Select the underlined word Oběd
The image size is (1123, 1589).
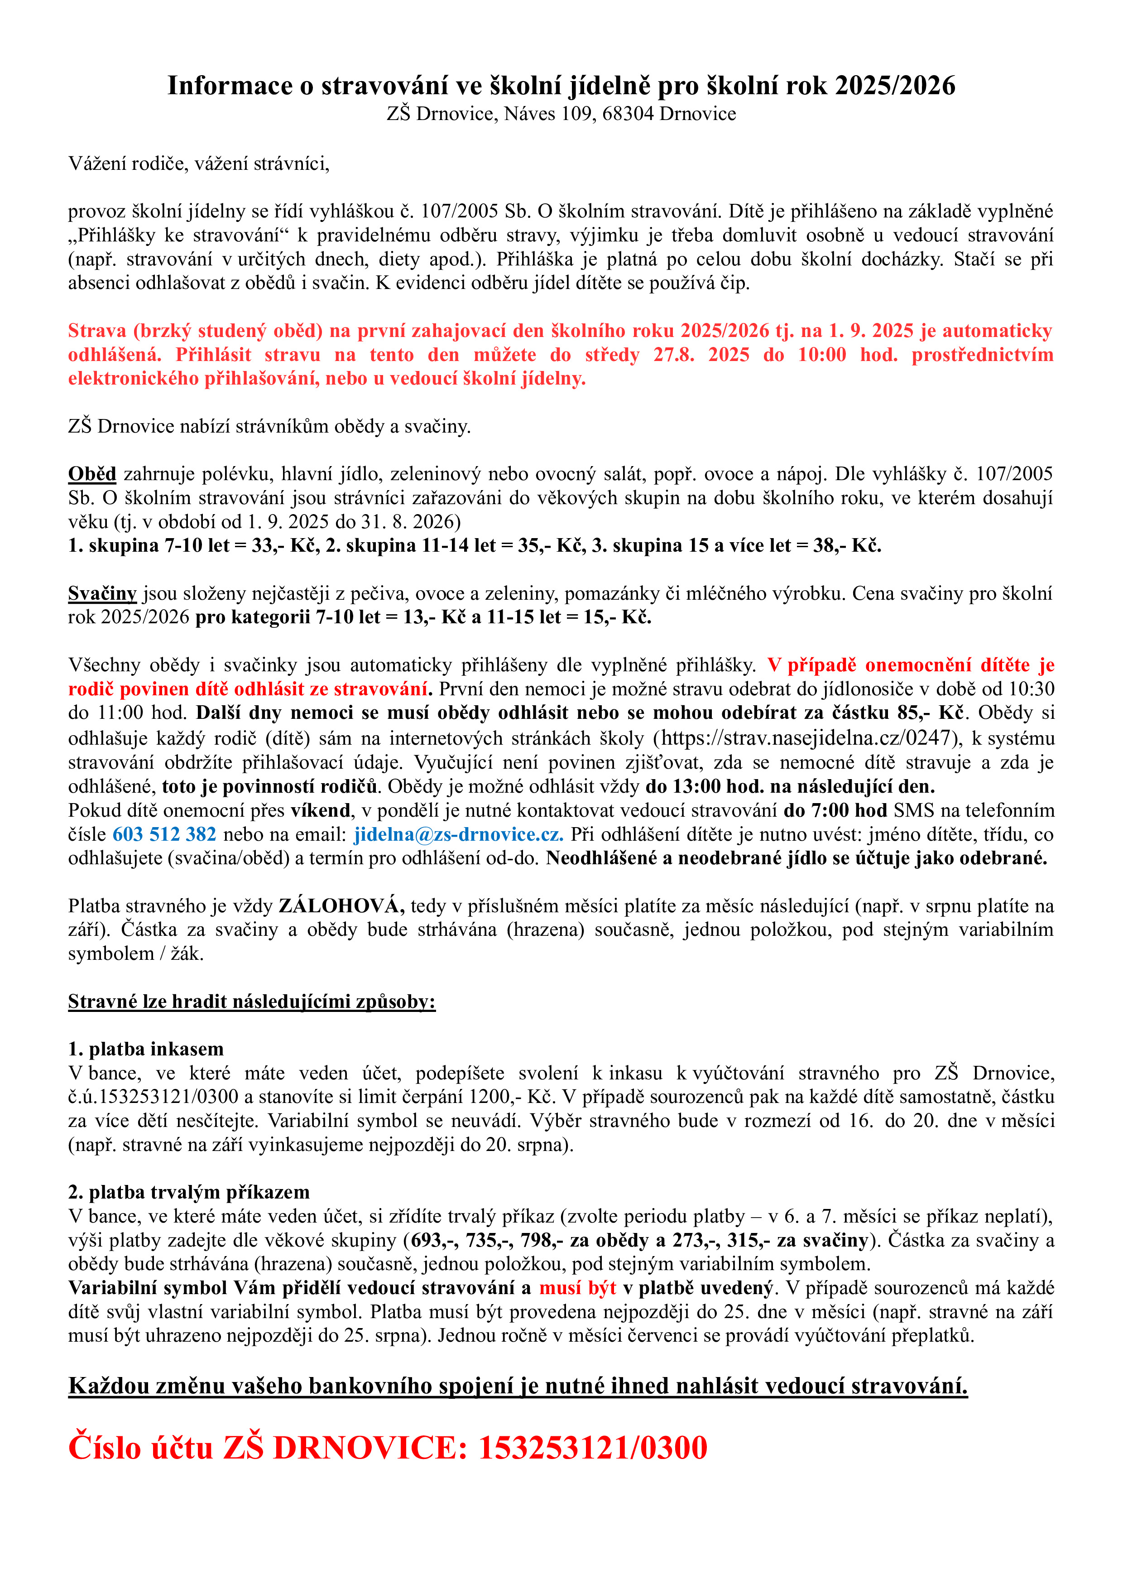[91, 474]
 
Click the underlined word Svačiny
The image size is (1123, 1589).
[102, 594]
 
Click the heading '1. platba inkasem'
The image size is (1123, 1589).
[145, 1049]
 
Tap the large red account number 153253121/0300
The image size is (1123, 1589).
[593, 1447]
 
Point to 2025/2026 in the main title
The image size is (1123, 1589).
[895, 86]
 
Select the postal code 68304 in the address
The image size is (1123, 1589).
[628, 114]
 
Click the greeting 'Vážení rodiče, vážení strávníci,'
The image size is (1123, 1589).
[199, 164]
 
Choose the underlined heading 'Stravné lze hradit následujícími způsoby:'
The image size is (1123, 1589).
[251, 1002]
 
